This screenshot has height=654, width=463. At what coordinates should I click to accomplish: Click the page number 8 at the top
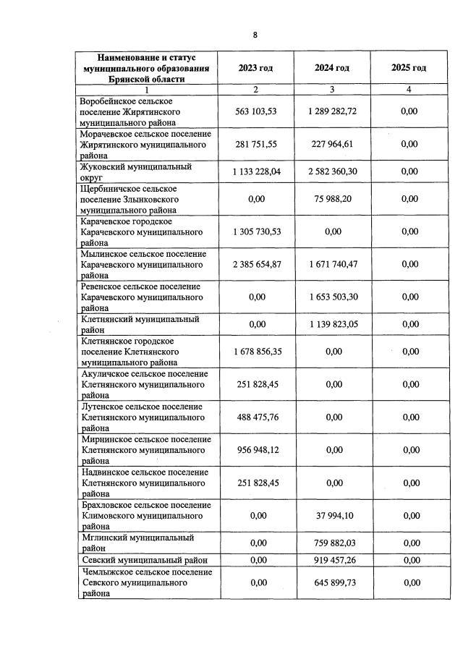click(x=255, y=35)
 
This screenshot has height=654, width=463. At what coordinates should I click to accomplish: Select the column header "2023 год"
click(x=256, y=68)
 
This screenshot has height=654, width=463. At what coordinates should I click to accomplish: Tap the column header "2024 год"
click(x=332, y=68)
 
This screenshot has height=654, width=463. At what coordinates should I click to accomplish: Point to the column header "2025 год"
click(x=409, y=68)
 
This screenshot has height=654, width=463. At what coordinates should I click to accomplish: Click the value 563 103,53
click(x=256, y=112)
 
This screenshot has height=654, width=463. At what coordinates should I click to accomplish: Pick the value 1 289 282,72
click(x=332, y=112)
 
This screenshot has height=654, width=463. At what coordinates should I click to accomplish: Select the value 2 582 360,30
click(x=332, y=171)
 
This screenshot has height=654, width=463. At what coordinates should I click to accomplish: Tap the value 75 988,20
click(x=332, y=199)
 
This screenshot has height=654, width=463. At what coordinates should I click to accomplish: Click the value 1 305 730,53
click(x=256, y=232)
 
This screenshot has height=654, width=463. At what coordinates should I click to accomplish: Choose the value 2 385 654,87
click(x=256, y=264)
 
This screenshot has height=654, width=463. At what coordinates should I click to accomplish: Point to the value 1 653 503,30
click(x=332, y=297)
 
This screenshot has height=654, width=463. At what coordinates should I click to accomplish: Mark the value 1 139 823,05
click(x=332, y=324)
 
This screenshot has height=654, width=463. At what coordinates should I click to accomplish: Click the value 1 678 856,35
click(x=256, y=352)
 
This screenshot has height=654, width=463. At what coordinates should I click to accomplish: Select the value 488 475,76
click(x=256, y=417)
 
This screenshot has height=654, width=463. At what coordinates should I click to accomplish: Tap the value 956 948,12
click(x=256, y=450)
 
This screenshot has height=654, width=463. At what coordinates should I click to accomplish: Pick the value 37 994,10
click(x=332, y=516)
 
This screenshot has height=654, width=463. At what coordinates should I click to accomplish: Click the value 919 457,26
click(x=332, y=560)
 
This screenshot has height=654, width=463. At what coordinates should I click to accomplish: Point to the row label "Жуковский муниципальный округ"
click(x=135, y=171)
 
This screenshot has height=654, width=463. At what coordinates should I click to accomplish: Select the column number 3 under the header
click(x=332, y=90)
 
